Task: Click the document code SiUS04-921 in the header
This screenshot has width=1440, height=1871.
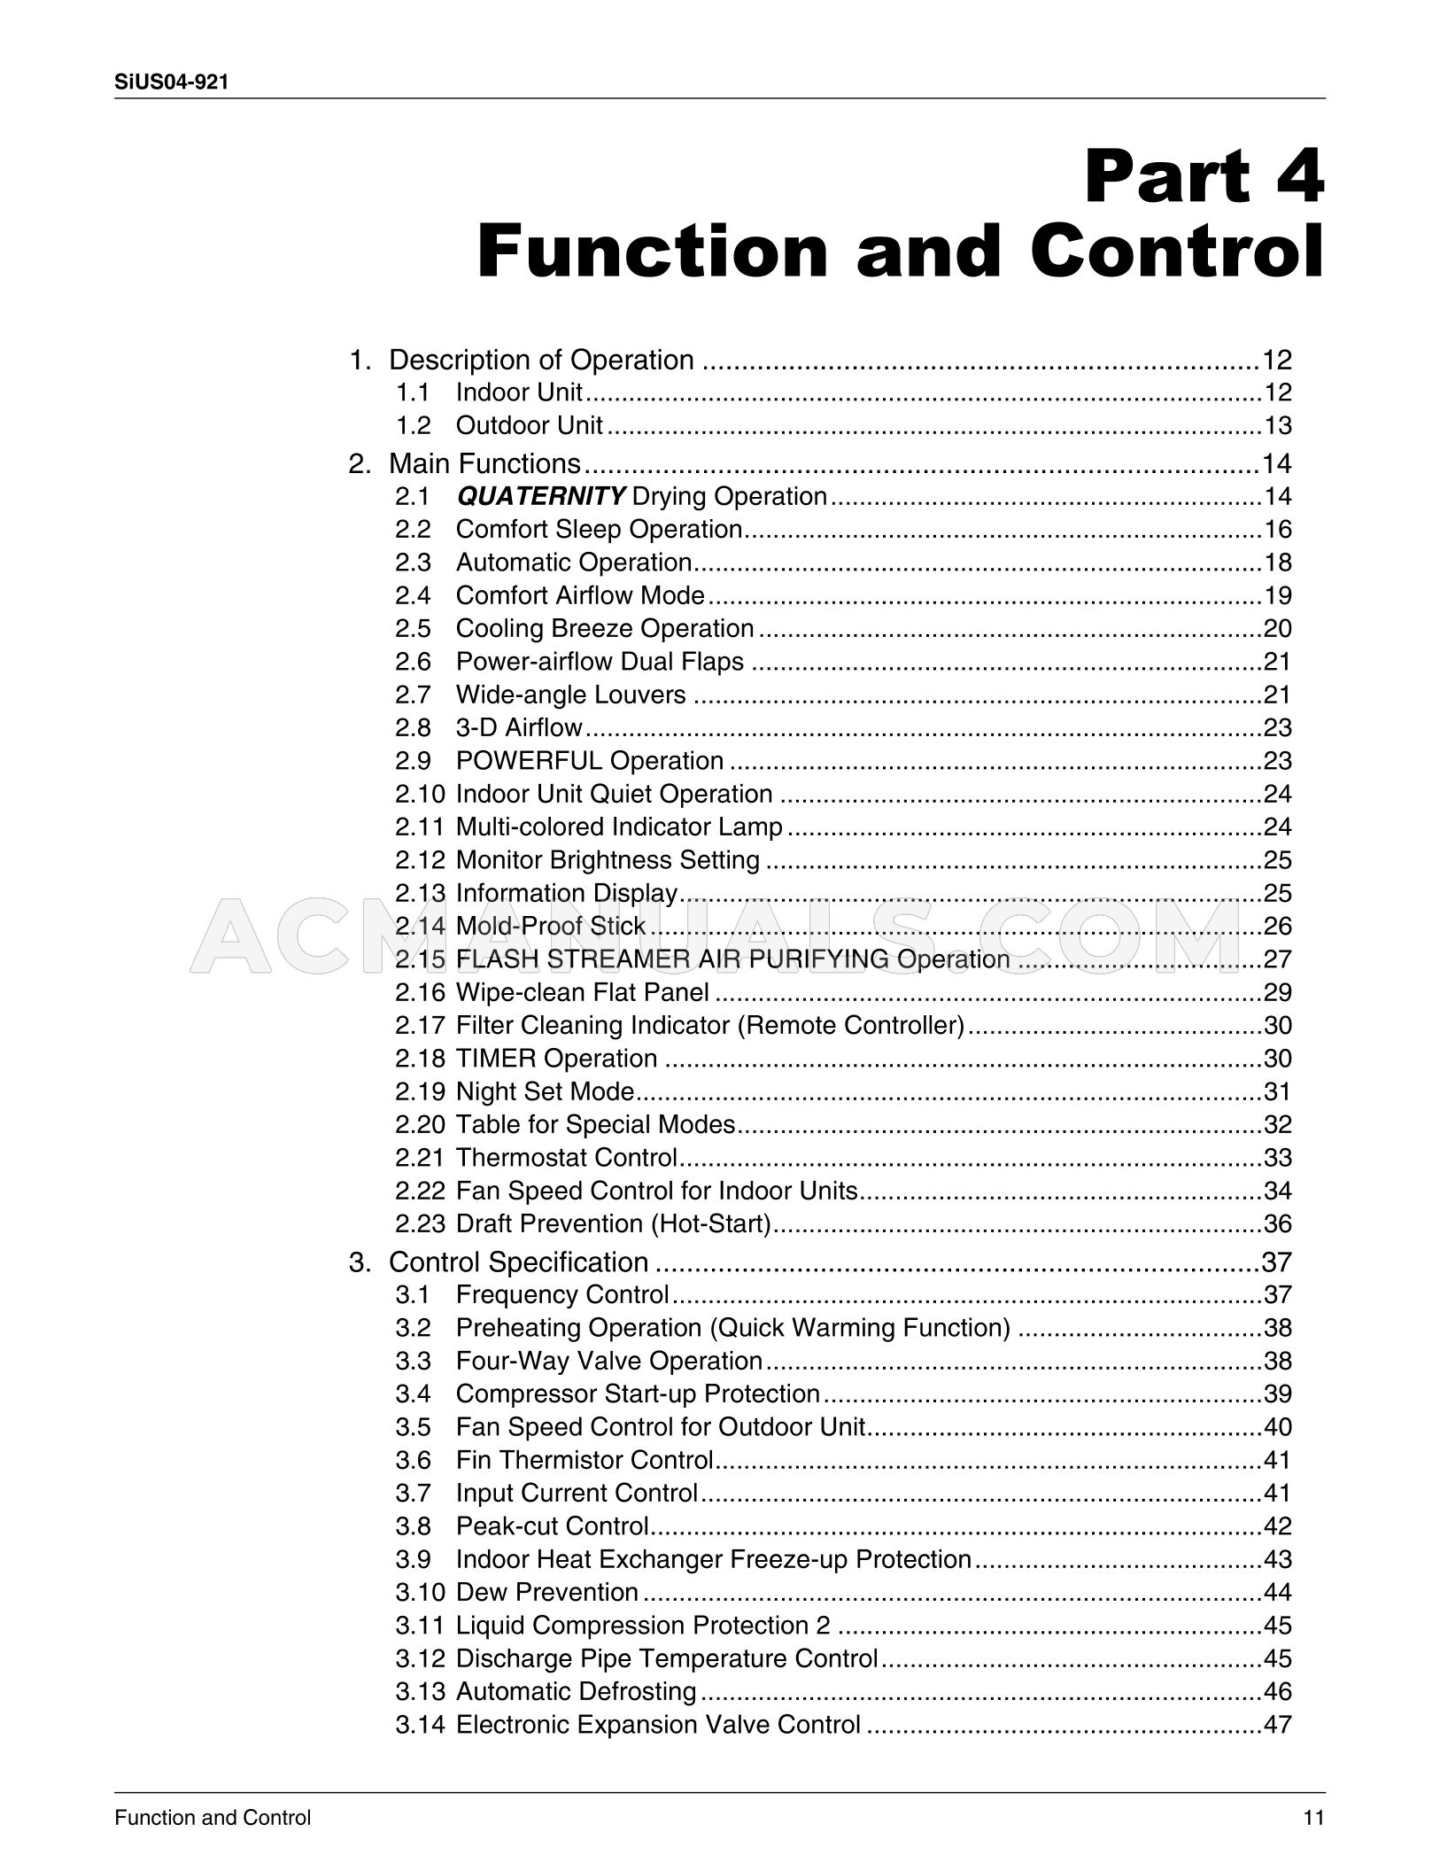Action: [172, 82]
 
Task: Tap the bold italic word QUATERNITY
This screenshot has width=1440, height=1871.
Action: [541, 496]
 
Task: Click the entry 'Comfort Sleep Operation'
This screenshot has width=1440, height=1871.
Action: [599, 530]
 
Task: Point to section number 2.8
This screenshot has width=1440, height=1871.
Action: [413, 728]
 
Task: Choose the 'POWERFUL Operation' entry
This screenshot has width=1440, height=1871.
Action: [589, 761]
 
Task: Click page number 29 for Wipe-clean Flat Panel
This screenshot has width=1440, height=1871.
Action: [1277, 992]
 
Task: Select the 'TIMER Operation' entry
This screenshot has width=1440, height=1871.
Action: [556, 1059]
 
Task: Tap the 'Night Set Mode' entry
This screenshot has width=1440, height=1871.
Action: [545, 1091]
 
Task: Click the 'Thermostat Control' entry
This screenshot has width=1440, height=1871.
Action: [566, 1158]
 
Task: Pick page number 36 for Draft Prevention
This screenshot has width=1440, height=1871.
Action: [1277, 1224]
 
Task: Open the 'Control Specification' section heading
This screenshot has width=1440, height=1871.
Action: [518, 1262]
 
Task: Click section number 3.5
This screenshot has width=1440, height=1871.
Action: [413, 1427]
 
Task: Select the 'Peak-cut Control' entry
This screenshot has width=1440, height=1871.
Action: [553, 1526]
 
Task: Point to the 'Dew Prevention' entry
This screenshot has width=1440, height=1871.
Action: [546, 1592]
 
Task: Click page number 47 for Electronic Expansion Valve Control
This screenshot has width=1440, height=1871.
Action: [1277, 1725]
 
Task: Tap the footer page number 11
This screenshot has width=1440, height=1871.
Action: [1313, 1819]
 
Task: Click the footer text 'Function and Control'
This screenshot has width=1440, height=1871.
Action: [213, 1819]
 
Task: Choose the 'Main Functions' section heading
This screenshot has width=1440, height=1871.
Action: [484, 463]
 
